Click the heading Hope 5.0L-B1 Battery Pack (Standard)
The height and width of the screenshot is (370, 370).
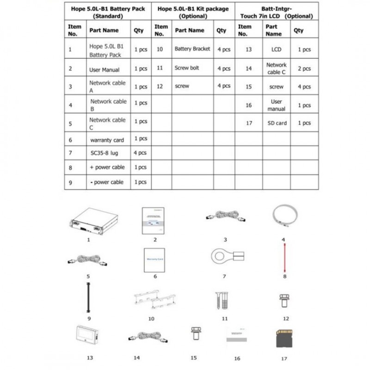[107, 12]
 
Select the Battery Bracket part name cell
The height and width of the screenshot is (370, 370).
[192, 49]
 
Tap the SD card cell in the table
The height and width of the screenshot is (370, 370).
[277, 123]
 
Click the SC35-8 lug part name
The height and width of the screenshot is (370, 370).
[105, 153]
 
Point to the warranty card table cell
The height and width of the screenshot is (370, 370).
[106, 139]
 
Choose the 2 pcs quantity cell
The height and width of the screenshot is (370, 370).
[304, 68]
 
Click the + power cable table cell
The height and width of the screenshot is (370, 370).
[107, 167]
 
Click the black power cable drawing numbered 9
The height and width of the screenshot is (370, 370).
[88, 299]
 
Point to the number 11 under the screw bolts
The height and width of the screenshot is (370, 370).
[225, 319]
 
